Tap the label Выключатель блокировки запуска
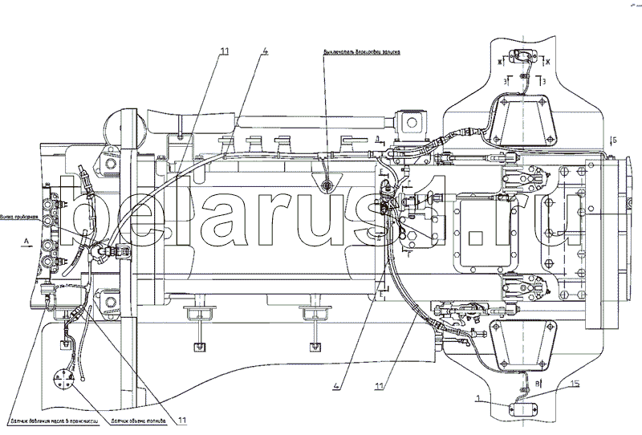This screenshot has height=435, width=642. click(362, 51)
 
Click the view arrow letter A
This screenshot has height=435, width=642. click(26, 240)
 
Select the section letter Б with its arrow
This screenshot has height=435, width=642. click(614, 140)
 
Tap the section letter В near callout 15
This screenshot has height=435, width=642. click(539, 372)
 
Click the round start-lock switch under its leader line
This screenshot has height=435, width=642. click(326, 187)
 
